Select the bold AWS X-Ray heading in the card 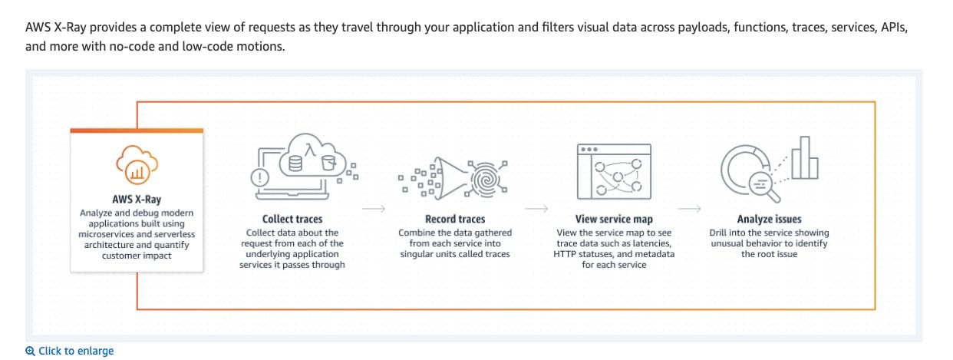point(137,200)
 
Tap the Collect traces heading point(292,219)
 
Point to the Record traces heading point(455,219)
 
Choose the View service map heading point(614,219)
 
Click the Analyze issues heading point(769,219)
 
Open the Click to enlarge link point(76,351)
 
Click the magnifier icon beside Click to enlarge point(31,351)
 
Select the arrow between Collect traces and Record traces point(374,207)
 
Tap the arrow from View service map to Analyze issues point(691,207)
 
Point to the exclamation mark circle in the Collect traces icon point(260,177)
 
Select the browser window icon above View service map point(613,169)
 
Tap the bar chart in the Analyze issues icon point(805,159)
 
